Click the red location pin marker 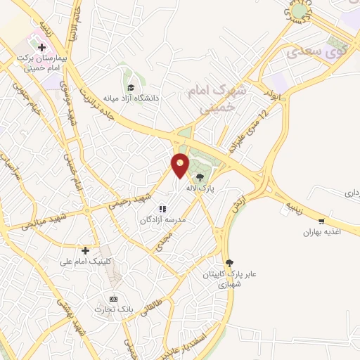pyautogui.click(x=181, y=165)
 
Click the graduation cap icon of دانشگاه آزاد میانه pyautogui.click(x=131, y=87)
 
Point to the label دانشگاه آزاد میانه pyautogui.click(x=132, y=98)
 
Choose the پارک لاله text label pyautogui.click(x=200, y=188)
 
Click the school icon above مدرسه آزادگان pyautogui.click(x=162, y=209)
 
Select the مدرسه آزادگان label pyautogui.click(x=163, y=220)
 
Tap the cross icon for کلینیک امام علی pyautogui.click(x=85, y=250)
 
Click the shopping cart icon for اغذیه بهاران pyautogui.click(x=321, y=221)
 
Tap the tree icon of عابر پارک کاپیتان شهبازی pyautogui.click(x=227, y=262)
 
